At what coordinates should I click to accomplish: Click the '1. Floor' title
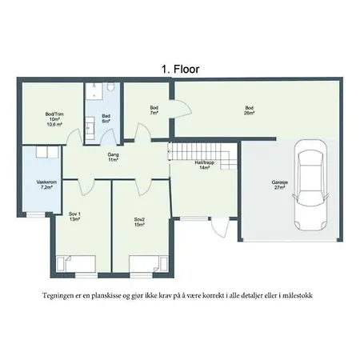[180, 70]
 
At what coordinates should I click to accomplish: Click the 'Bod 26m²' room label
[250, 110]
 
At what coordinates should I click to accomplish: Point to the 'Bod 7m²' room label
[154, 110]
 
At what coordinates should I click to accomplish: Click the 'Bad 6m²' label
[106, 118]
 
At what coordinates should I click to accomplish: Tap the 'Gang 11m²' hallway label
[113, 157]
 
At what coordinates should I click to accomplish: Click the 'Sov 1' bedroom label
[74, 216]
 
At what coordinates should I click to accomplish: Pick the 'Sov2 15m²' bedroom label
[139, 222]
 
